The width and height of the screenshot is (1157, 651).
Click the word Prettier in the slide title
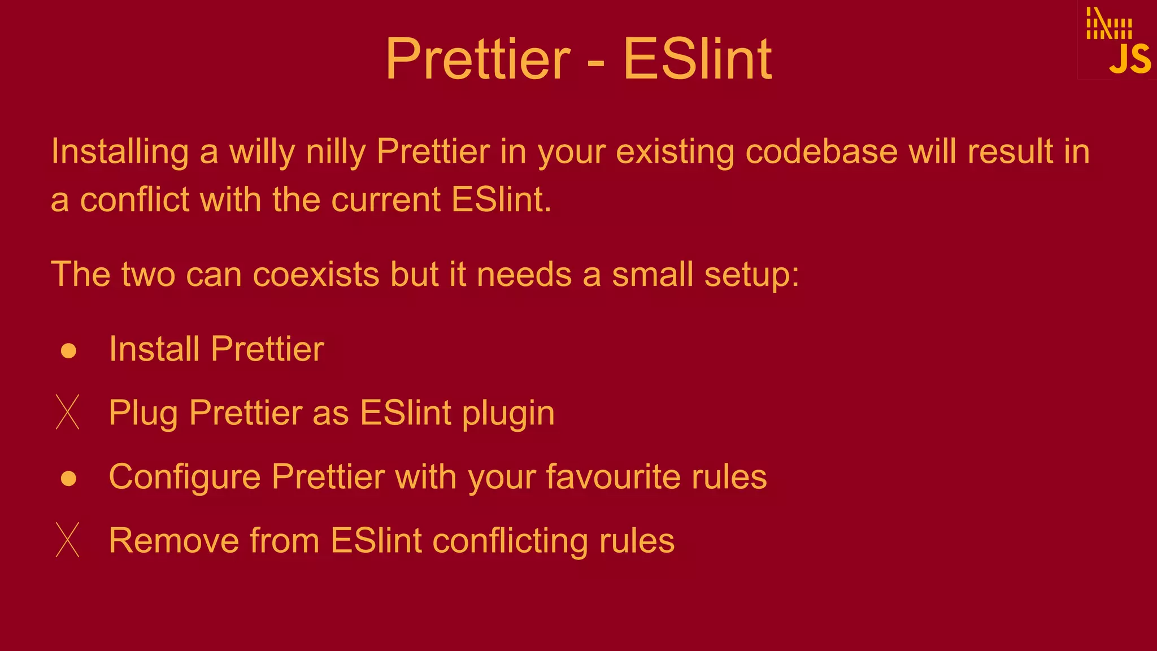pos(478,59)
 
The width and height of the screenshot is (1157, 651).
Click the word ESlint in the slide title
pos(697,59)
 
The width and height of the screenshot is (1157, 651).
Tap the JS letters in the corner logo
pos(1130,59)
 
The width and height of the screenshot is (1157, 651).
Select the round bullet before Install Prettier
pos(68,351)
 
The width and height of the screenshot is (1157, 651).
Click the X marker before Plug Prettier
pos(68,412)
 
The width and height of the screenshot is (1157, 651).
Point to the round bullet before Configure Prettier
pos(68,479)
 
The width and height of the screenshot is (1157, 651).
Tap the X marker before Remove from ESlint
pos(68,540)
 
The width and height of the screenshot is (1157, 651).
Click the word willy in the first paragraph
pos(262,153)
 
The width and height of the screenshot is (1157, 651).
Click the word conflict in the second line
pos(134,200)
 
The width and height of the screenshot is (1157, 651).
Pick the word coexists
pos(316,275)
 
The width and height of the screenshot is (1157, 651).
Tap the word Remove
pos(174,541)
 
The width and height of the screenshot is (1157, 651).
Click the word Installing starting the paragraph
pos(120,153)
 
